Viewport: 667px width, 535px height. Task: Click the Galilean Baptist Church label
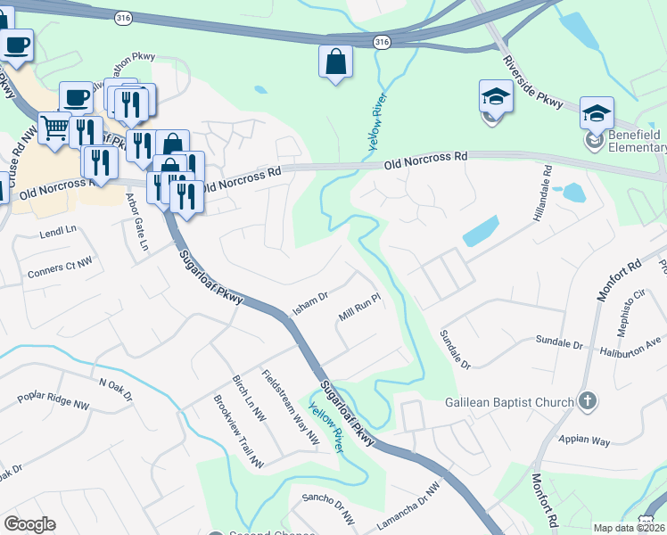pyautogui.click(x=509, y=402)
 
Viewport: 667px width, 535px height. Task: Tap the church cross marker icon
pyautogui.click(x=587, y=401)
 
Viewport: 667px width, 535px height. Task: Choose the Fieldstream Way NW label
pyautogui.click(x=290, y=406)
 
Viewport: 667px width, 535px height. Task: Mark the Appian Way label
pyautogui.click(x=584, y=440)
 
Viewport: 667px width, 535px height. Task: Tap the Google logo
pyautogui.click(x=29, y=524)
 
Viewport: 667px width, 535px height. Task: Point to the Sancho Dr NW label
pyautogui.click(x=328, y=509)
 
